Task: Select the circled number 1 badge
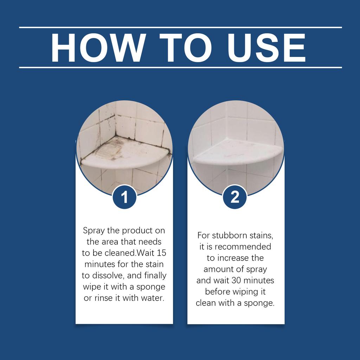point(124,198)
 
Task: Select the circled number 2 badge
point(235,197)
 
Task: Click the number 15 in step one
point(160,253)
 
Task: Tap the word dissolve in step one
point(106,276)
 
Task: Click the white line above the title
point(180,27)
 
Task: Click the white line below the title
point(180,67)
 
